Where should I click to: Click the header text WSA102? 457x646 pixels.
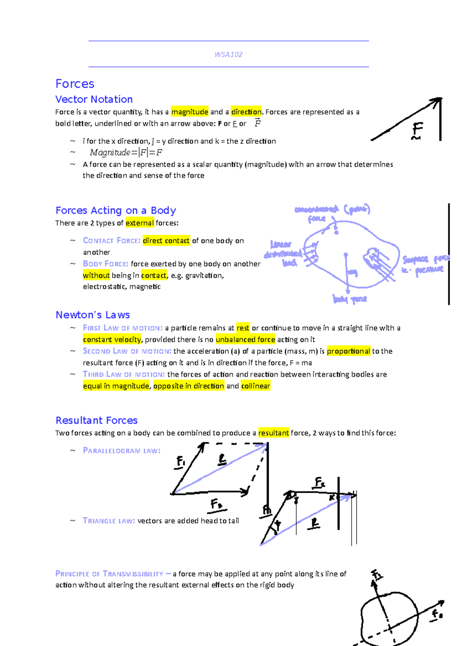tap(228, 54)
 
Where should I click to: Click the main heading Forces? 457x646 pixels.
tap(75, 84)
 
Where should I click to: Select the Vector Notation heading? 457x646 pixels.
tap(94, 99)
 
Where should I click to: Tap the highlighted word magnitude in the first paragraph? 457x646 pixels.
tap(190, 112)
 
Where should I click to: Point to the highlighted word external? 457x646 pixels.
tap(140, 223)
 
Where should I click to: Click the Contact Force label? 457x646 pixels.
tap(112, 241)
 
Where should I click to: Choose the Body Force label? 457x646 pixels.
tap(105, 264)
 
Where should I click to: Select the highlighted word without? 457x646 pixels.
tap(96, 275)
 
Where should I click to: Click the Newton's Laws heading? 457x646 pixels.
tap(93, 315)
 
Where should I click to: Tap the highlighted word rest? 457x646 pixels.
tap(243, 328)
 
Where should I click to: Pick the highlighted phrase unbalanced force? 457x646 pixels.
tap(245, 339)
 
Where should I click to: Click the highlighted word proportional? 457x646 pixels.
tap(348, 351)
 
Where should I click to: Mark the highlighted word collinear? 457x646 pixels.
tap(256, 386)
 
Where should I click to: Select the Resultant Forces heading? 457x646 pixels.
tap(96, 420)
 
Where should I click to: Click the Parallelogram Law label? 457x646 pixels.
tap(121, 451)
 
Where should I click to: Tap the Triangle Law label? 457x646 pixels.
tap(109, 521)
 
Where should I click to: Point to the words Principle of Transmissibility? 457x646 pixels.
tap(109, 574)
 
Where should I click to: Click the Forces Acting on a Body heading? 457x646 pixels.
tap(116, 210)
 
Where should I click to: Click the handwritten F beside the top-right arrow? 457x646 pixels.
tap(417, 130)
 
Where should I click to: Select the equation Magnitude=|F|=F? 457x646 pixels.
tap(126, 153)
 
